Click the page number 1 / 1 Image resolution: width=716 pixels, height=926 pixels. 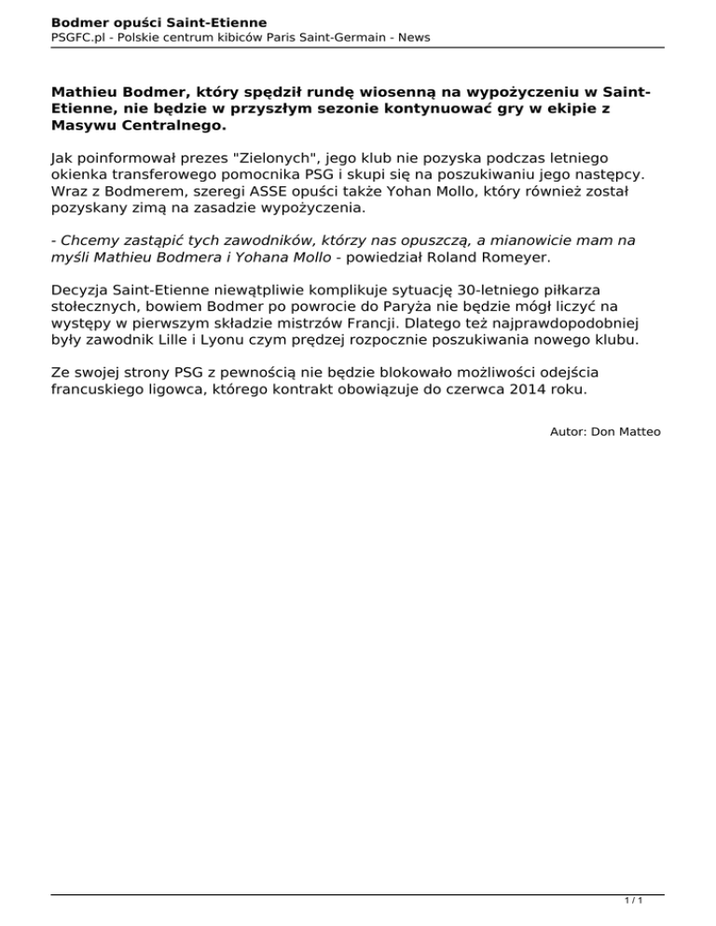631,902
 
